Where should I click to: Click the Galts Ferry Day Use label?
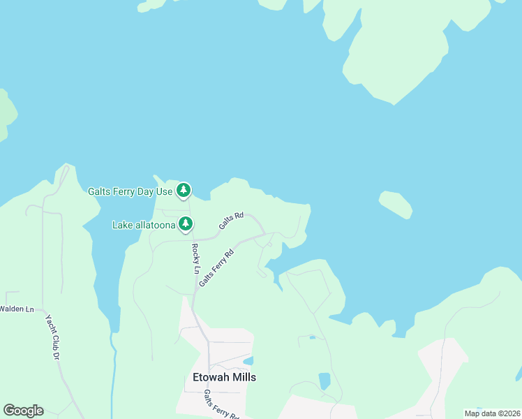pos(130,191)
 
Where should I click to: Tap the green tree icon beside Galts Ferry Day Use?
pos(183,190)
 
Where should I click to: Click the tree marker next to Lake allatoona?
pos(185,224)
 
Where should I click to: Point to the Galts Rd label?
pos(231,221)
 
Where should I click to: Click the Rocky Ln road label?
pos(196,259)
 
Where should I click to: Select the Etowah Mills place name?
pos(224,377)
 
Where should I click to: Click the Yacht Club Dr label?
pos(52,337)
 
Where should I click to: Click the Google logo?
pos(23,411)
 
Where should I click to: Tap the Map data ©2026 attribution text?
pos(492,413)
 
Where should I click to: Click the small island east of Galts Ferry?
pos(395,205)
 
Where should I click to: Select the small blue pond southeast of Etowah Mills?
pos(325,381)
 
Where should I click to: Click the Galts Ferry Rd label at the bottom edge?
pos(221,406)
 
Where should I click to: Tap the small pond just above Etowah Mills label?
pos(248,361)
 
